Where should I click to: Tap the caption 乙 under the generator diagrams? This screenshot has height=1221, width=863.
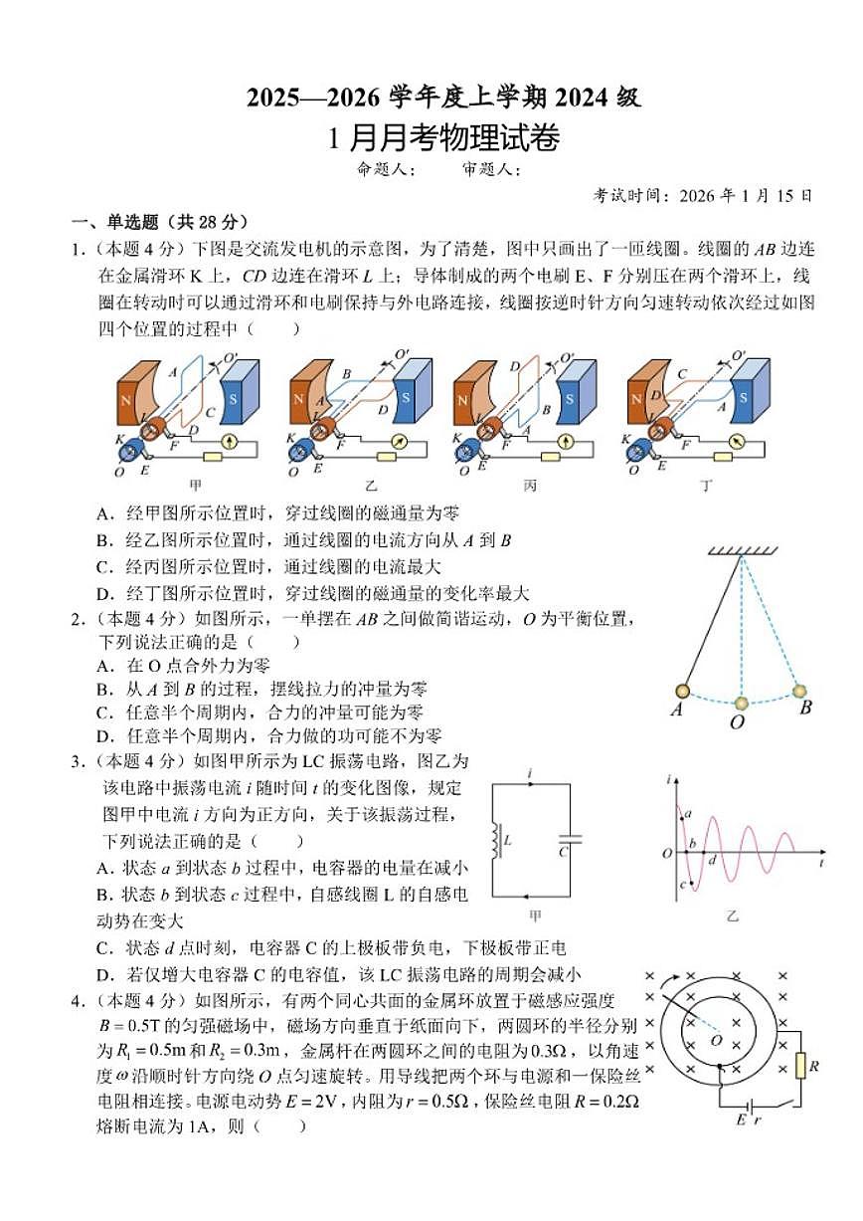coord(371,487)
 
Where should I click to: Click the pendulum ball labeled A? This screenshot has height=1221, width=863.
coord(683,692)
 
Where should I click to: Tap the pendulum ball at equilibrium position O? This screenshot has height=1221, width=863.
coord(741,704)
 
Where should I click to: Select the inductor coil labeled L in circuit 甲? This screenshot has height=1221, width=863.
coord(494,841)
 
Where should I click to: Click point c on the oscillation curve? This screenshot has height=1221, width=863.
coord(683,884)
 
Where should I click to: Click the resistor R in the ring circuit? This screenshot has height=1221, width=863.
coord(800,1066)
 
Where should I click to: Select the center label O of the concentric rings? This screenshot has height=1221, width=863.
coord(716,1040)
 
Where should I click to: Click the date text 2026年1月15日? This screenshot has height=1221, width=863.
coord(746,196)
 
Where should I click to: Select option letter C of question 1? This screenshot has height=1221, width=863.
coord(102,567)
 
